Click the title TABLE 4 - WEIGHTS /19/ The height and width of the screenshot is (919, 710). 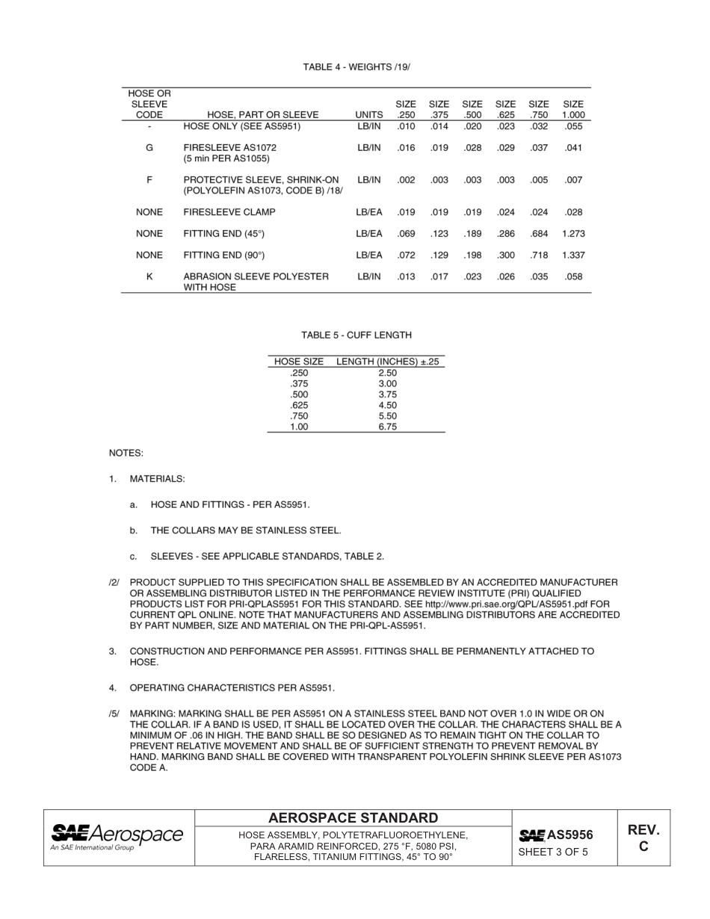click(356, 67)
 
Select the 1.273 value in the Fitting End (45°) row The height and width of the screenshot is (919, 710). click(573, 234)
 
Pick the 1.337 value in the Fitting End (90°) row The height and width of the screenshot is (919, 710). click(573, 256)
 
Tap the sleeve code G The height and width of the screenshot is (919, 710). click(149, 148)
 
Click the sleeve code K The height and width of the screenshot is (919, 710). click(149, 276)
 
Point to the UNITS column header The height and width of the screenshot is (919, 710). click(369, 115)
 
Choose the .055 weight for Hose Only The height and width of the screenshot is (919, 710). click(573, 126)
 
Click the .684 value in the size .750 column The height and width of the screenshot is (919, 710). click(539, 234)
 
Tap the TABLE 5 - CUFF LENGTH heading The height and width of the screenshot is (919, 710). click(356, 335)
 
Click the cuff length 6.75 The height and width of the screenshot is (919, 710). click(387, 427)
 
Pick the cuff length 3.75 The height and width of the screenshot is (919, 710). click(387, 394)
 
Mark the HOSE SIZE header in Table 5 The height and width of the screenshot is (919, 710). click(299, 362)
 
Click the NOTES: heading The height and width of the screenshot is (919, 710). click(126, 453)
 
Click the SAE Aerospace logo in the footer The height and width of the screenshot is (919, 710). click(117, 837)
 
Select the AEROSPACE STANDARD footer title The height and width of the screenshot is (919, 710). click(354, 818)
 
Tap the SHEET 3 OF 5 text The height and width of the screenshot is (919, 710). click(553, 852)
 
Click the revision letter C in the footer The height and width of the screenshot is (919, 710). click(643, 847)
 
